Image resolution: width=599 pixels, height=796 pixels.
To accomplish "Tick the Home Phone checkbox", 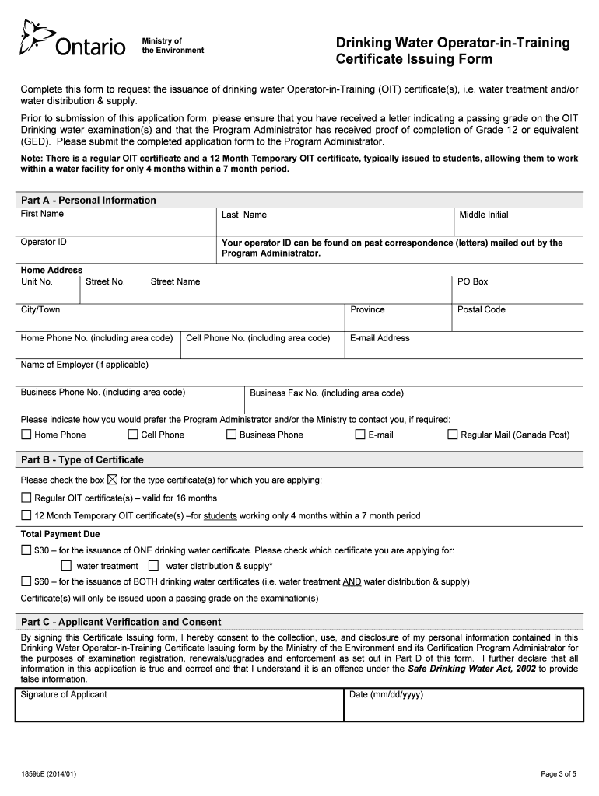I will [26, 435].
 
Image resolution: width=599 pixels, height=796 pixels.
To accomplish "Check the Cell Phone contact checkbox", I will [133, 435].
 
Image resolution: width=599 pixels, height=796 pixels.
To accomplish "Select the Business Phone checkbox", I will [231, 435].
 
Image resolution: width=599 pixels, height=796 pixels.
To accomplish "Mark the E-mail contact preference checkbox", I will [360, 435].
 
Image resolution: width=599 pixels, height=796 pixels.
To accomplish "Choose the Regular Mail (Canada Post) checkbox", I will [453, 435].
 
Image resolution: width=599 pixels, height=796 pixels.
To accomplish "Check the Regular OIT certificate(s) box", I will [26, 497].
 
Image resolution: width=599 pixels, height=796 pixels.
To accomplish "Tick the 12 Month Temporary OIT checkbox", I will [26, 515].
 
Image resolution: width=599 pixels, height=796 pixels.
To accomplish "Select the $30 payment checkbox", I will [26, 550].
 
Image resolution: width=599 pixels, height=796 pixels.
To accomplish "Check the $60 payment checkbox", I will [26, 581].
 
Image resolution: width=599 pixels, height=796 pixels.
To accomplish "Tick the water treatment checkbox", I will [66, 566].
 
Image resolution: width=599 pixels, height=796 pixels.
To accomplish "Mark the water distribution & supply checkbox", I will [153, 566].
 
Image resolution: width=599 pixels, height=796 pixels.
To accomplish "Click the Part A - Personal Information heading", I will [88, 200].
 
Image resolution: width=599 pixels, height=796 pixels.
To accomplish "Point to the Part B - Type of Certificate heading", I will [82, 459].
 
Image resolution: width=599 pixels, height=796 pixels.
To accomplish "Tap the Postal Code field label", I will [481, 309].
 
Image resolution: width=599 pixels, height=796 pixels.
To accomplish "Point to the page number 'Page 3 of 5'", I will [559, 773].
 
